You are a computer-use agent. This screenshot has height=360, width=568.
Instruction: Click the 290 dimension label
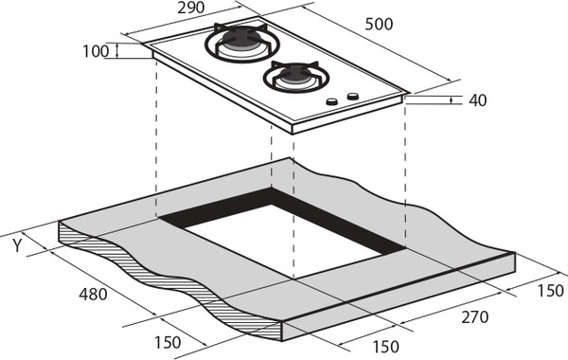(x=191, y=8)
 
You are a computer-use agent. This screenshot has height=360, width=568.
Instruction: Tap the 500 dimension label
(x=379, y=25)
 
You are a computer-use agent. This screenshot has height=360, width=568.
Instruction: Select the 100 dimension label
(x=96, y=51)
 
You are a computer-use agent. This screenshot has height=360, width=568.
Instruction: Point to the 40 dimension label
(x=477, y=100)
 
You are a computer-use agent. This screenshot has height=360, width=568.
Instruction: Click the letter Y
(x=17, y=245)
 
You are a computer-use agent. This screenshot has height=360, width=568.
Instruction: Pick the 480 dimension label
(x=93, y=294)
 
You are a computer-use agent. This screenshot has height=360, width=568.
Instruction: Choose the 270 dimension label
(x=475, y=317)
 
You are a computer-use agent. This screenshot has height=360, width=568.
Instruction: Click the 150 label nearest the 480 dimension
(x=168, y=342)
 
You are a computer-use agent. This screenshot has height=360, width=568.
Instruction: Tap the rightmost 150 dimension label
(x=550, y=291)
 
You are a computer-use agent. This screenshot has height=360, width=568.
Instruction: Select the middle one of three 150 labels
(x=386, y=347)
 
